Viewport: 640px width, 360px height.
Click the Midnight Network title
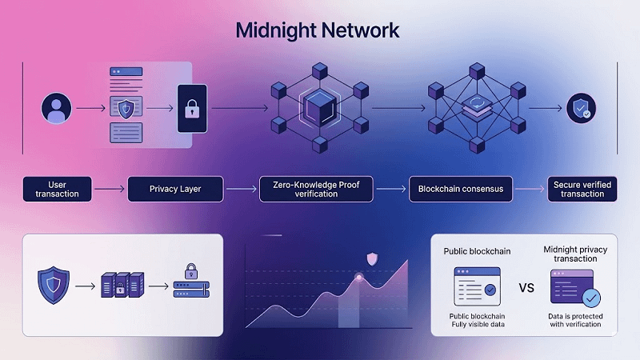[318, 31]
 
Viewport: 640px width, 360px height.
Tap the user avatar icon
[56, 107]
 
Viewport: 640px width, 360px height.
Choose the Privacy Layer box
[175, 190]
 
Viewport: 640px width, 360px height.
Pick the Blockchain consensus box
[460, 190]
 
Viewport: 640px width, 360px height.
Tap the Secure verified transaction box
[582, 190]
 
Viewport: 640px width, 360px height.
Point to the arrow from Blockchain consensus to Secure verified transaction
[529, 190]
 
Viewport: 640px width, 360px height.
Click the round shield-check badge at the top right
[581, 109]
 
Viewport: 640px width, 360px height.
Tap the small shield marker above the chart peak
[371, 258]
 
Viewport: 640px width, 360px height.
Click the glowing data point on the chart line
[359, 277]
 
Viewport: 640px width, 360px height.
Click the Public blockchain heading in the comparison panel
[478, 251]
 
